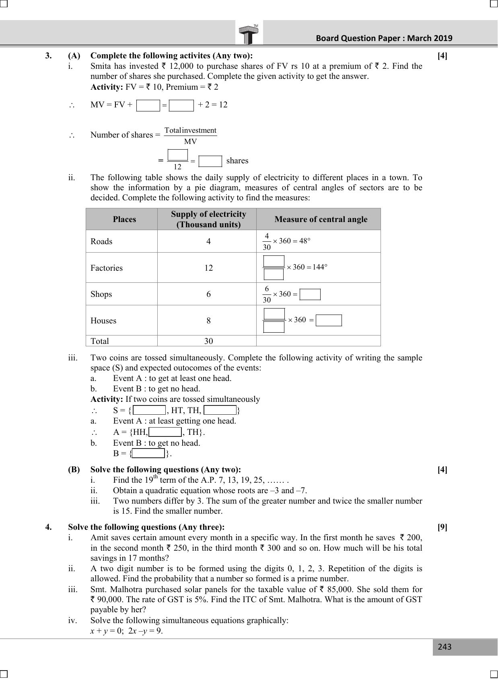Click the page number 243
(444, 647)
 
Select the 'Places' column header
(124, 219)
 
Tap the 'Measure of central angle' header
(321, 219)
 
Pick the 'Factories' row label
(107, 268)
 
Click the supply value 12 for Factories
(208, 268)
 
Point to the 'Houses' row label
(103, 321)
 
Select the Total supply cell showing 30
(208, 341)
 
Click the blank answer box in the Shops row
(310, 294)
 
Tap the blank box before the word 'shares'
(210, 161)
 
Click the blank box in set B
(148, 453)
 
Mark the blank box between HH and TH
(165, 432)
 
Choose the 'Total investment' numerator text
(191, 130)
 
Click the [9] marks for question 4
(442, 527)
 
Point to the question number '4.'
(48, 527)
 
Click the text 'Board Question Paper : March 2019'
(384, 38)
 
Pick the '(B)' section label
(74, 469)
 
